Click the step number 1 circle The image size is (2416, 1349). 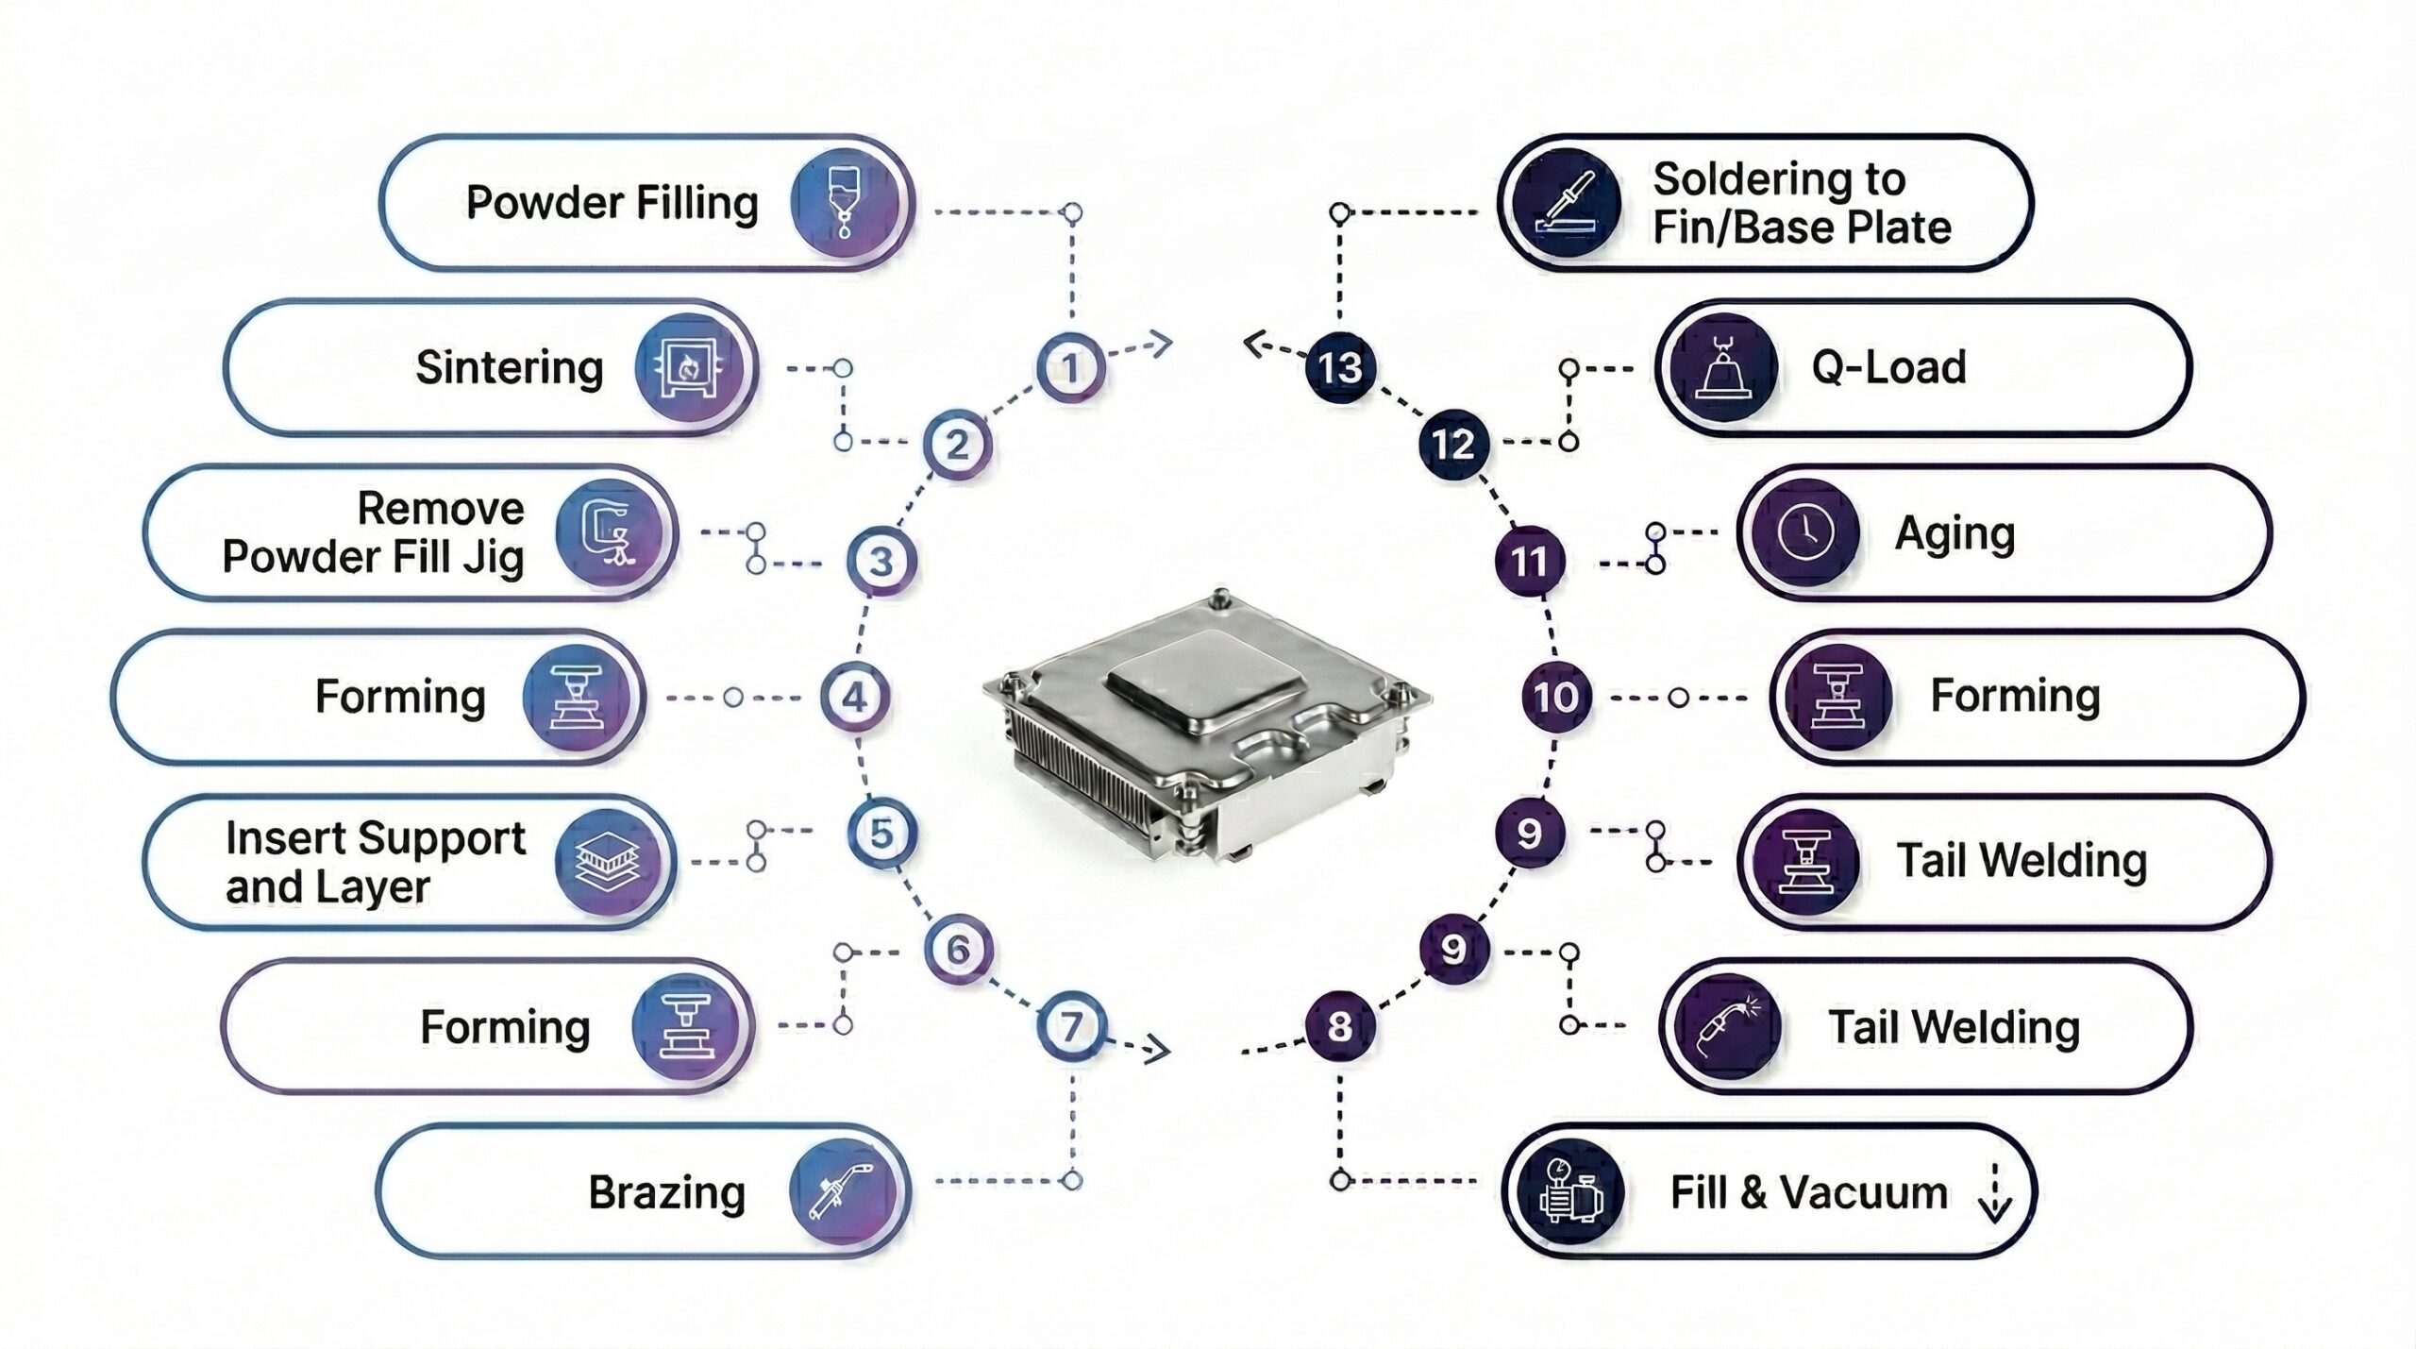click(x=1070, y=367)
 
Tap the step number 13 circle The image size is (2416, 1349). click(x=1340, y=367)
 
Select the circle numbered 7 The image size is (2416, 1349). click(x=1070, y=1026)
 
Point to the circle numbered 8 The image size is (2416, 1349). click(x=1340, y=1026)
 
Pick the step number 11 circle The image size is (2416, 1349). click(x=1530, y=562)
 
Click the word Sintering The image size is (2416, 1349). click(x=510, y=367)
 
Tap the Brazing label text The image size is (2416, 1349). click(x=666, y=1191)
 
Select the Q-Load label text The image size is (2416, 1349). click(x=1888, y=367)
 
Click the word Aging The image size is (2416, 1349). click(x=1955, y=534)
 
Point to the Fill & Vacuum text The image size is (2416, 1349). click(x=1808, y=1192)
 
